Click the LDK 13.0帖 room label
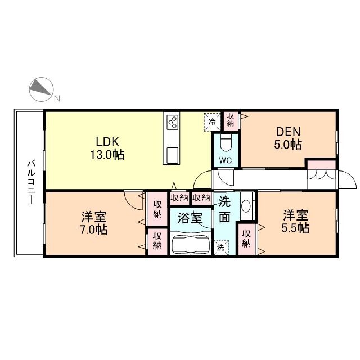(107, 148)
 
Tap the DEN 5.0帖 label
(288, 138)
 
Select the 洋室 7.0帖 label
(94, 223)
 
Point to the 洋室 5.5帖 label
(295, 222)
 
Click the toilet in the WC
(226, 143)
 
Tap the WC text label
(226, 160)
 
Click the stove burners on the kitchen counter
(173, 122)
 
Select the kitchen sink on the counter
(173, 155)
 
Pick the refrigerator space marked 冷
(212, 122)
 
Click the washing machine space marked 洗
(222, 247)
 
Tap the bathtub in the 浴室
(191, 243)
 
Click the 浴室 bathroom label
(190, 218)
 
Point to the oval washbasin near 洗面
(246, 206)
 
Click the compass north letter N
(57, 98)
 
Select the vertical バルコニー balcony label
(31, 182)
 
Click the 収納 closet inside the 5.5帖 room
(246, 238)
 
